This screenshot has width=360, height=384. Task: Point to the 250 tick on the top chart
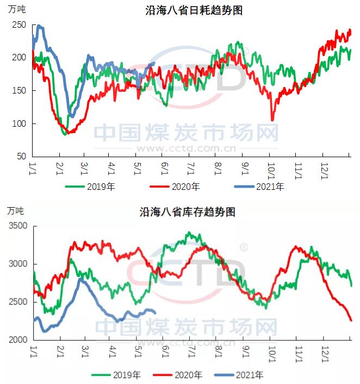[19, 25]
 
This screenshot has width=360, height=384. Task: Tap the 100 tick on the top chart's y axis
[19, 123]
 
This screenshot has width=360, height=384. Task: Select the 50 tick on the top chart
[21, 156]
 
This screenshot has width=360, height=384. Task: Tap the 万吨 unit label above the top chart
[16, 8]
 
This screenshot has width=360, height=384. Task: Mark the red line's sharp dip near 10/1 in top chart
[272, 120]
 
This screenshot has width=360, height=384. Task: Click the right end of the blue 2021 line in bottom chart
[156, 312]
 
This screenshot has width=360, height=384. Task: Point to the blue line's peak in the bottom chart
[80, 278]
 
